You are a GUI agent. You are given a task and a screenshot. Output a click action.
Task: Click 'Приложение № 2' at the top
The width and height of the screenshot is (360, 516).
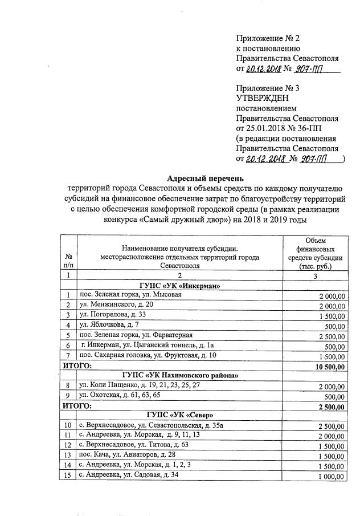coord(268,38)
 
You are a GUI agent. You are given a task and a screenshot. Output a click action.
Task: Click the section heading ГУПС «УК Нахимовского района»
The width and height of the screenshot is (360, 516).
coord(179,376)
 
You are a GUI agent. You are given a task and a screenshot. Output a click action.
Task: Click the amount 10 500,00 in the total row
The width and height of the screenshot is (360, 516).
coord(330,366)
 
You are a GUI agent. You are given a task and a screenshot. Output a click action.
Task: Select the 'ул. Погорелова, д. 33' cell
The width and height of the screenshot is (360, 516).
coord(113,315)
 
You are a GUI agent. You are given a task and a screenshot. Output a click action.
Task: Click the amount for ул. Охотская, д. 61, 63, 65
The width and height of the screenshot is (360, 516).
coord(333,396)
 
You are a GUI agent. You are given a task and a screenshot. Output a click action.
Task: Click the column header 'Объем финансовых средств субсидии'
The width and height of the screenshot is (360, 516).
coord(316,254)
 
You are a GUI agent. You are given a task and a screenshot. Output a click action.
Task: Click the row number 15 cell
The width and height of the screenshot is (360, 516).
coord(68,476)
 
